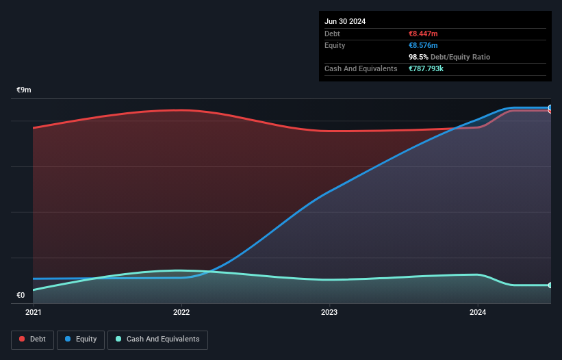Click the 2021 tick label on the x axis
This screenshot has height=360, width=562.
33,313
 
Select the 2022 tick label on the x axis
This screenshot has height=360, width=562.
181,313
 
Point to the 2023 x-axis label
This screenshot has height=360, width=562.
329,313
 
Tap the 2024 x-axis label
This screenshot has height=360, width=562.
478,313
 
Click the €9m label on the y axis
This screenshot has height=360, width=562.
24,90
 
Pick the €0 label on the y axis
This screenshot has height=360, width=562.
21,296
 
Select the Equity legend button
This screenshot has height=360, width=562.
81,339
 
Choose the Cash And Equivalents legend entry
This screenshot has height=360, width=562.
157,339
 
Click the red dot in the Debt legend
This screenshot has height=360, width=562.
23,339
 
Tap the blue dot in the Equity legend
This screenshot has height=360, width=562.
68,339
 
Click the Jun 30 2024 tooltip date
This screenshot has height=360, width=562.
345,21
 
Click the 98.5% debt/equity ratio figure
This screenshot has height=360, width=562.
418,57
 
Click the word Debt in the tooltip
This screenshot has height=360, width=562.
332,34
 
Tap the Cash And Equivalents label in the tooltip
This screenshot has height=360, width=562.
361,68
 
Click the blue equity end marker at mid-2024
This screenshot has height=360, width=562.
550,108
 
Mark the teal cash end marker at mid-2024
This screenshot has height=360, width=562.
550,285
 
